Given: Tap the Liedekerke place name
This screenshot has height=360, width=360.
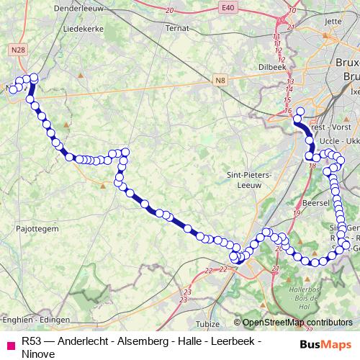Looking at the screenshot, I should click(x=84, y=29).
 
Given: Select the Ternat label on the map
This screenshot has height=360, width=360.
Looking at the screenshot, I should click(x=177, y=28).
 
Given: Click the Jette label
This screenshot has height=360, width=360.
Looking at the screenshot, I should click(x=333, y=22).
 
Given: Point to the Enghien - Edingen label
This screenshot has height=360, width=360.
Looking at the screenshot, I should click(x=36, y=318).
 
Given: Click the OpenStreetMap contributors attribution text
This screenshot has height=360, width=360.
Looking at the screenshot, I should click(x=297, y=323).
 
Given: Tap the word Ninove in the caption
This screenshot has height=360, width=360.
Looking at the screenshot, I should click(x=38, y=354).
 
